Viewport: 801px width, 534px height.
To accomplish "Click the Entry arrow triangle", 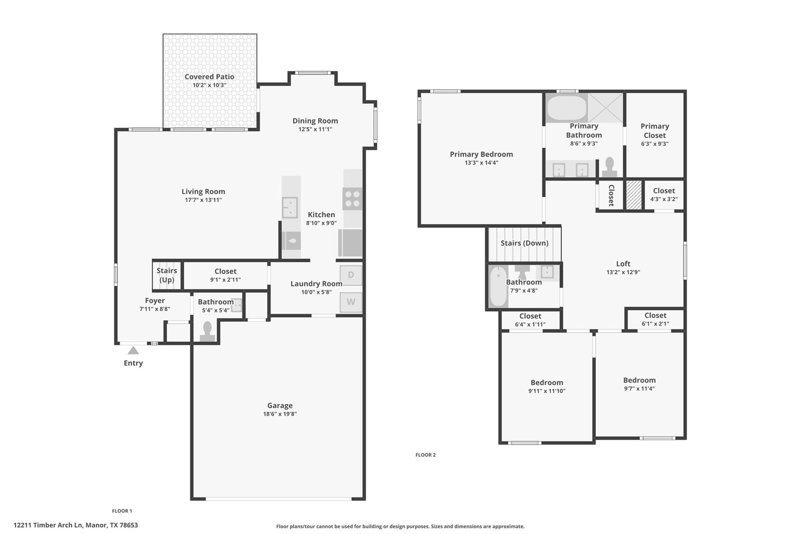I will (133, 350).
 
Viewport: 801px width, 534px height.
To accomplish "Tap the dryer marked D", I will (351, 275).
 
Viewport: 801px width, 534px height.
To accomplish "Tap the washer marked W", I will (351, 302).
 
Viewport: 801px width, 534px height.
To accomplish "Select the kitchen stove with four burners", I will (352, 199).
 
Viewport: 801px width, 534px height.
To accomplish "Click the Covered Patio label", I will (209, 77).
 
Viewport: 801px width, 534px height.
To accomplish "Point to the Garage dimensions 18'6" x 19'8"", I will (280, 414).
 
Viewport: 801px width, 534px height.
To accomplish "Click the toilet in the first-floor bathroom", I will (207, 331).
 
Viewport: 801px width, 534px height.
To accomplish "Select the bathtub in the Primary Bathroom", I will (566, 108).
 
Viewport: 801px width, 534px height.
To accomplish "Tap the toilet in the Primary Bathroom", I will (609, 167).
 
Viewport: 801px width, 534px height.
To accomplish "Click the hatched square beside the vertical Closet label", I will (634, 195).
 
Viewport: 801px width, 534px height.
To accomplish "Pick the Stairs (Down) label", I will (524, 243).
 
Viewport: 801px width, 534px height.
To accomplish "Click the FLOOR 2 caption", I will (425, 455).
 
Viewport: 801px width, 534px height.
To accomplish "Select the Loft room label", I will (623, 264).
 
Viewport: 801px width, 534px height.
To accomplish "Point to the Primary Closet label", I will (654, 131).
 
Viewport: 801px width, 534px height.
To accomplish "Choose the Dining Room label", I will (315, 121).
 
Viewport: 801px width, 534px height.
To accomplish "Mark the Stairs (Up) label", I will (167, 275).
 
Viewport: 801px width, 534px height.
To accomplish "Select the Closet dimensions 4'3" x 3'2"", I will (664, 199).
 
